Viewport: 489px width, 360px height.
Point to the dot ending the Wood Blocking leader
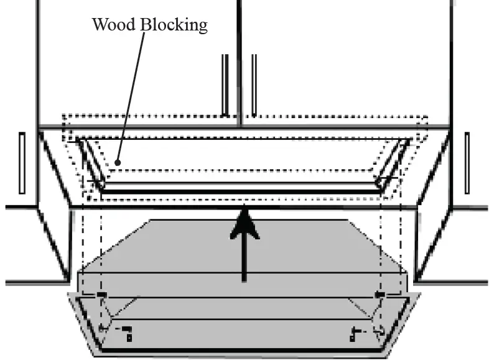117,164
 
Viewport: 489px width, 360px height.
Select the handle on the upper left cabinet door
225,85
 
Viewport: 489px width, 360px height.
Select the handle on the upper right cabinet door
254,85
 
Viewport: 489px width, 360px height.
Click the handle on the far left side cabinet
22,163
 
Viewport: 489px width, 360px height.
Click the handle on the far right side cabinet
467,163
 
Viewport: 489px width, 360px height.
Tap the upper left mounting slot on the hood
101,294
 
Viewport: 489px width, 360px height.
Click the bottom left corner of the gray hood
95,356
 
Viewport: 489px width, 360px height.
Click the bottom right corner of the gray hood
391,356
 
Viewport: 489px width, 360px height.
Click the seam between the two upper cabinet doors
240,62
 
